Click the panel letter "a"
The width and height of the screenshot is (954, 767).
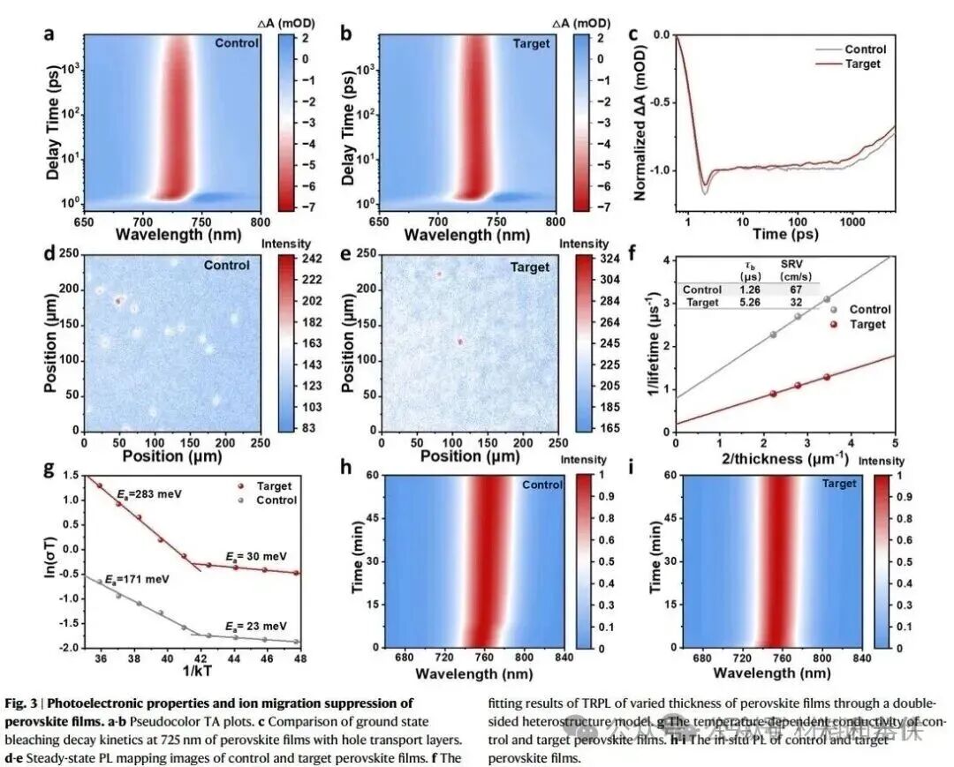[49, 34]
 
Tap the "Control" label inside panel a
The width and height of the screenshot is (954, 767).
[238, 41]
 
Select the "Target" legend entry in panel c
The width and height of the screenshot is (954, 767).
[862, 64]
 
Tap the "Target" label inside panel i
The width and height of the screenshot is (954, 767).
[838, 484]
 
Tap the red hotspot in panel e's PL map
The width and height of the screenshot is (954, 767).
[460, 341]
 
